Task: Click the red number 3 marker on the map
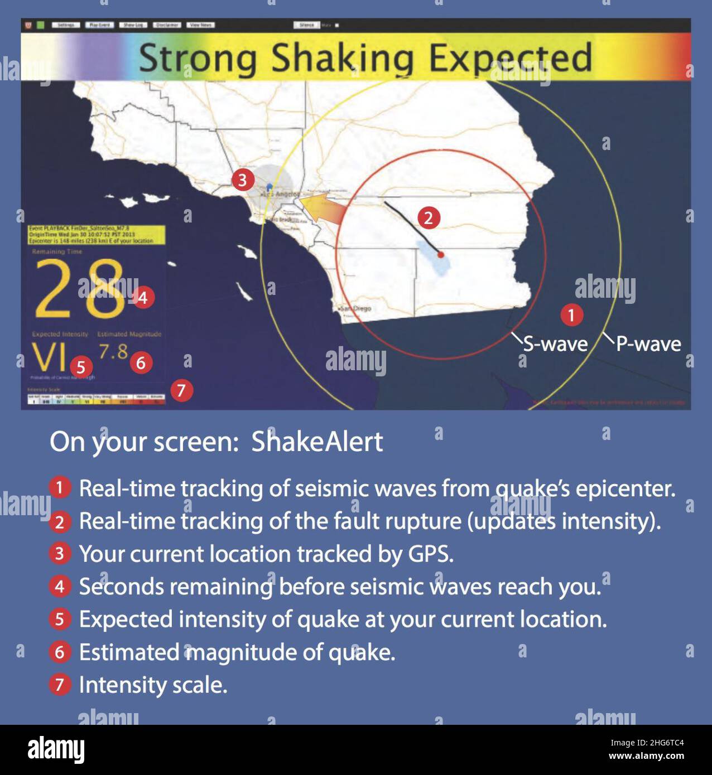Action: click(243, 181)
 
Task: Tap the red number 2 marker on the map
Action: click(429, 217)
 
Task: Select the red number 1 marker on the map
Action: click(571, 315)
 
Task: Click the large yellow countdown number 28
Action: click(79, 289)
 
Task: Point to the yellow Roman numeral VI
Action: click(49, 357)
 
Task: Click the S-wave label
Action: click(555, 344)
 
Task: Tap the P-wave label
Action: click(648, 344)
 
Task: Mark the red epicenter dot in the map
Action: click(441, 254)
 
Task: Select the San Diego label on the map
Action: click(356, 308)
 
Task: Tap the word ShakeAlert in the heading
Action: click(317, 442)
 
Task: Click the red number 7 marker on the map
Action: click(181, 390)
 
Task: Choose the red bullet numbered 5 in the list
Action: click(60, 619)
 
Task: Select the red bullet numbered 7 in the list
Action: click(60, 685)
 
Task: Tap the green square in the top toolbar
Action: click(41, 25)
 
